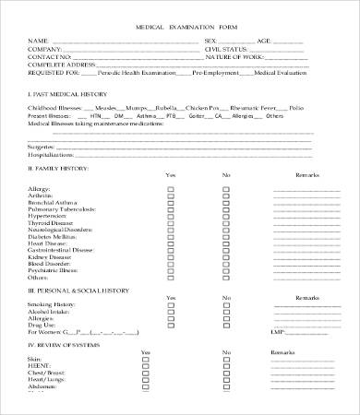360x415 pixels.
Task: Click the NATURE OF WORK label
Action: pos(234,57)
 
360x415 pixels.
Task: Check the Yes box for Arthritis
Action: pos(169,195)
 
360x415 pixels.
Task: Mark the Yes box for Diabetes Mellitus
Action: pos(169,236)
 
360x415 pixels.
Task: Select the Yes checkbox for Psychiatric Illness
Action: pos(169,270)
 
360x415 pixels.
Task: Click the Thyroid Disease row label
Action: pos(54,222)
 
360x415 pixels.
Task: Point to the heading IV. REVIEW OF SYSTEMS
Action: pos(64,344)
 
